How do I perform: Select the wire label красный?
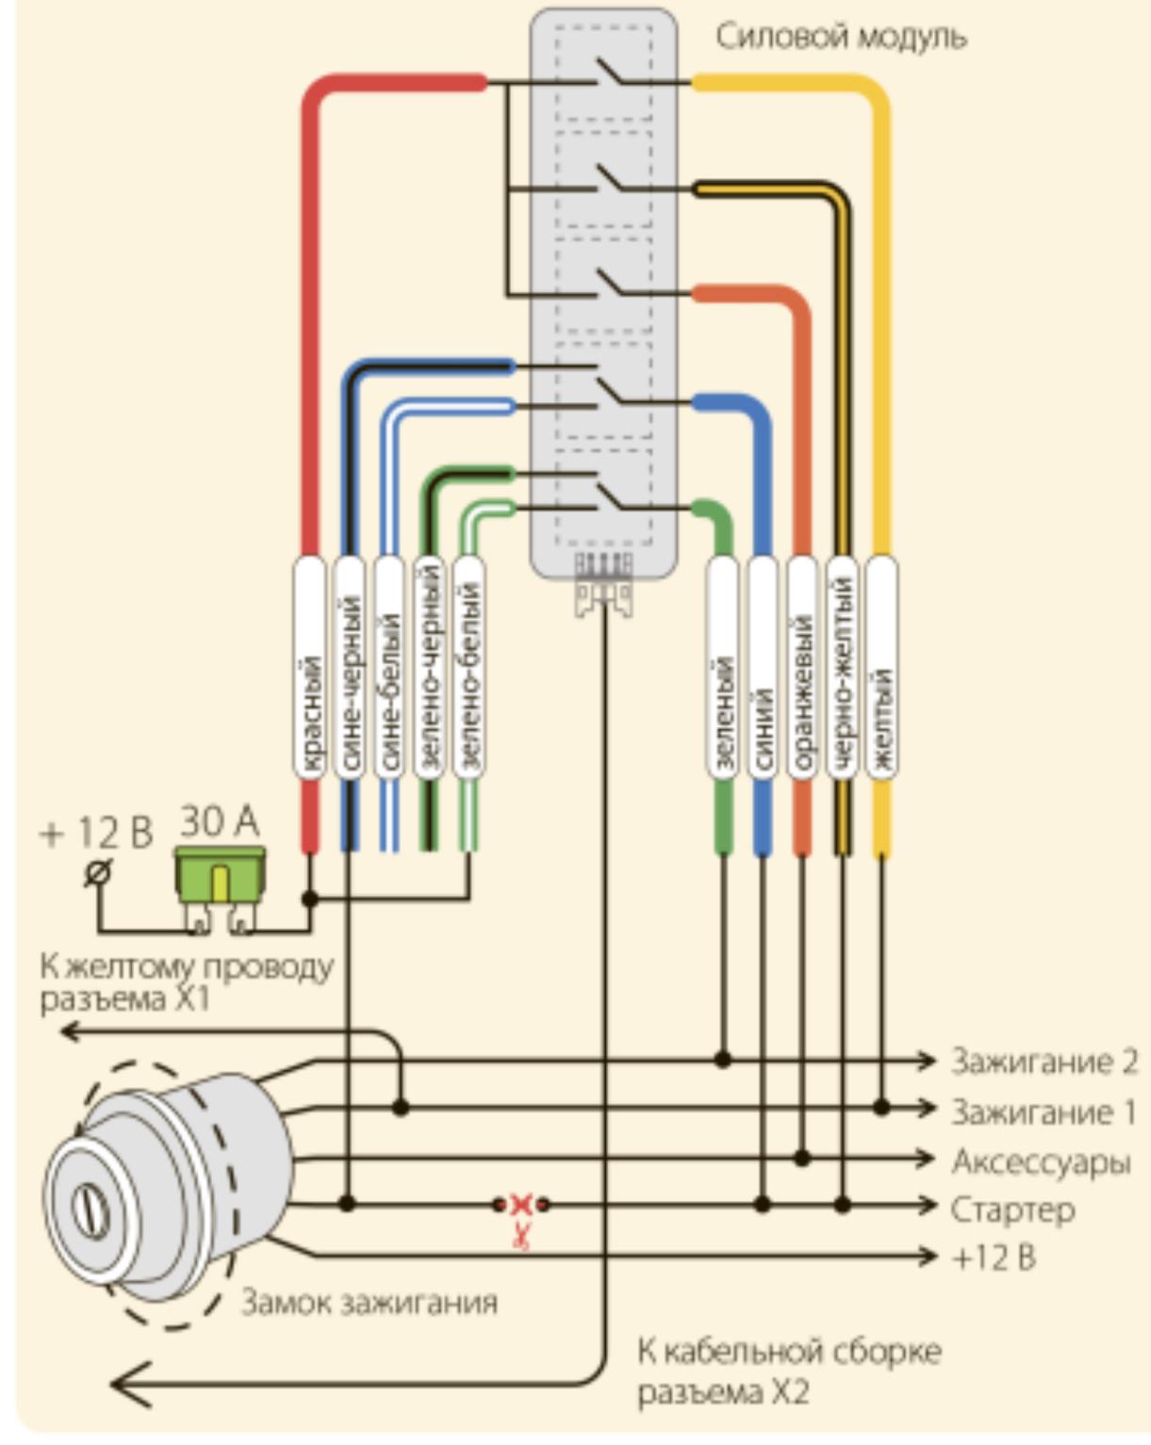click(310, 668)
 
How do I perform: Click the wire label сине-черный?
click(350, 668)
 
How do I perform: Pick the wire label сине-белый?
click(388, 668)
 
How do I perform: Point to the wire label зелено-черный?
click(429, 668)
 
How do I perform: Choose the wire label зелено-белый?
click(469, 668)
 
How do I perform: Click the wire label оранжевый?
click(801, 668)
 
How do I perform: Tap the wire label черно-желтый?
click(842, 668)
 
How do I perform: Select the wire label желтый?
click(881, 668)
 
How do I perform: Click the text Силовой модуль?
click(841, 38)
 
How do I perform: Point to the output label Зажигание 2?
click(1044, 1062)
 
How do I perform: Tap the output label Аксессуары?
click(1041, 1161)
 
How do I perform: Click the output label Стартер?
click(1012, 1209)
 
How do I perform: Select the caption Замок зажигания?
click(370, 1303)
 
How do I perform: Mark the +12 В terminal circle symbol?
click(98, 873)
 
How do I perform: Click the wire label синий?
click(762, 668)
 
